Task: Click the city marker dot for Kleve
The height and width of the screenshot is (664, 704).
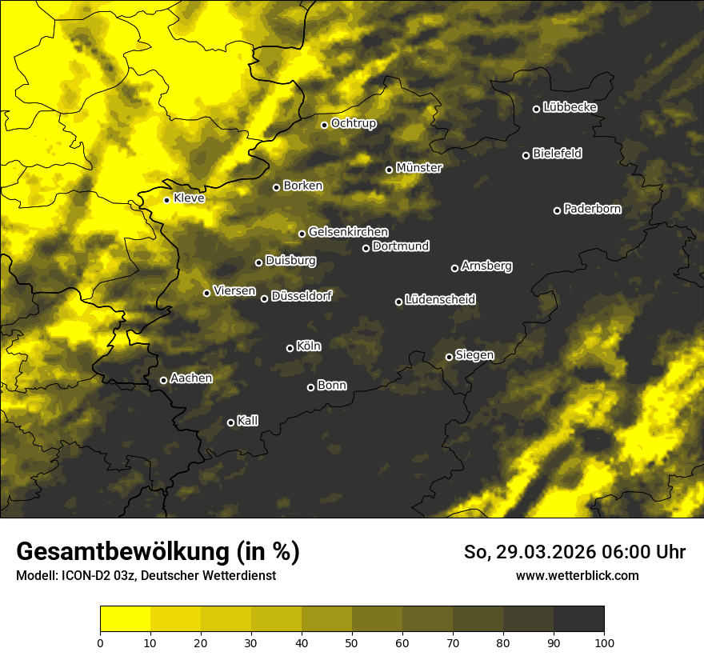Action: (166, 200)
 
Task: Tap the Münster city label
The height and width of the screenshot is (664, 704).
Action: (419, 168)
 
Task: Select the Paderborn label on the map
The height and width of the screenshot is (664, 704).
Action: (592, 209)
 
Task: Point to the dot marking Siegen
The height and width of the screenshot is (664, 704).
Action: (449, 357)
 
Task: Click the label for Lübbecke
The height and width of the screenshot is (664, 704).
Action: (570, 107)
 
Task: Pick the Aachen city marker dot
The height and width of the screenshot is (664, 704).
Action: (163, 380)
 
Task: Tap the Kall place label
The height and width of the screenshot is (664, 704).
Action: (248, 421)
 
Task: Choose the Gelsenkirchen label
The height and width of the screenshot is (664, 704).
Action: (348, 232)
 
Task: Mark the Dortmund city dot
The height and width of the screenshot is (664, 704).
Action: (366, 248)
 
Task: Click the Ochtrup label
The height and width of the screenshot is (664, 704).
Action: (353, 123)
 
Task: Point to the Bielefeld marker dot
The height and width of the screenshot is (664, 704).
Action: (526, 155)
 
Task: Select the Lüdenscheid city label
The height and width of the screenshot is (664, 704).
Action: (440, 300)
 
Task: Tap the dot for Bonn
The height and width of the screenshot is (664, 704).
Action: (310, 387)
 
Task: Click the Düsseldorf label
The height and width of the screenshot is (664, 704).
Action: (301, 296)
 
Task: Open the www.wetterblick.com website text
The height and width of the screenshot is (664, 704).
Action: (577, 575)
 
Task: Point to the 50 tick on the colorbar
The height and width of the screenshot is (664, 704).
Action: (352, 642)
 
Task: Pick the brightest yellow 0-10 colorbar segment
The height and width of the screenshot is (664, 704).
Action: (125, 618)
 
